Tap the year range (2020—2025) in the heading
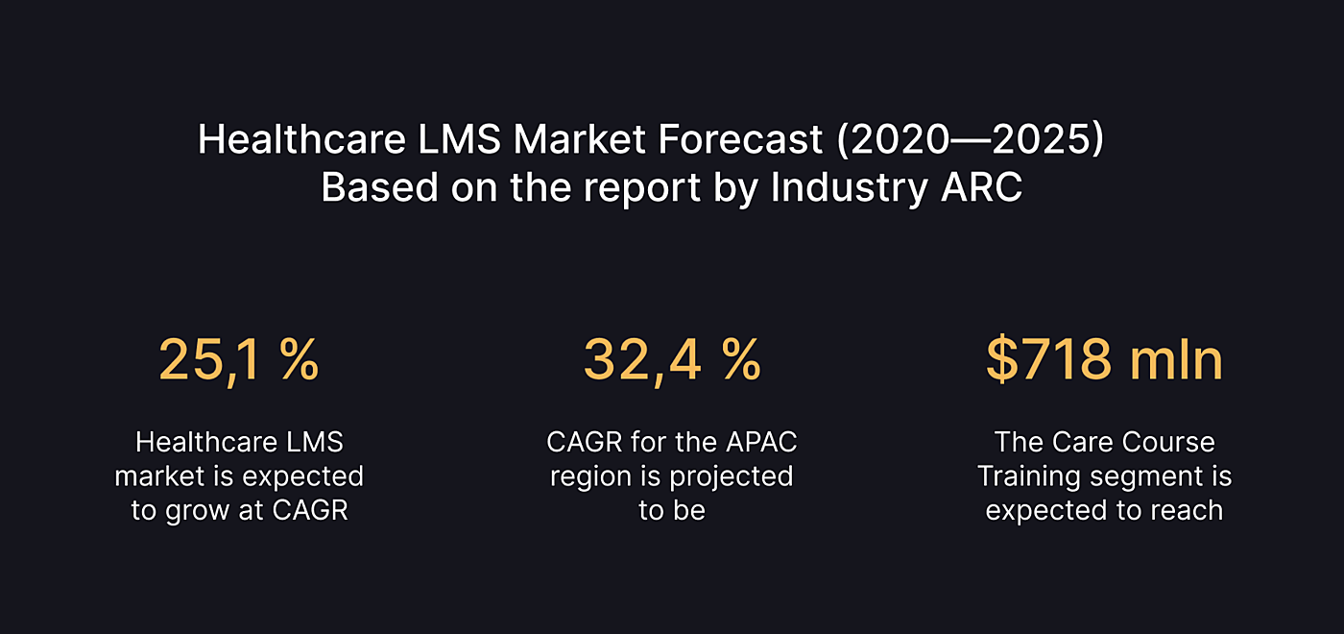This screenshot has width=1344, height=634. (x=971, y=140)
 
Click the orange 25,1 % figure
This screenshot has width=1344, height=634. (x=238, y=360)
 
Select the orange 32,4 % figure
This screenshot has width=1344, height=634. (x=672, y=360)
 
